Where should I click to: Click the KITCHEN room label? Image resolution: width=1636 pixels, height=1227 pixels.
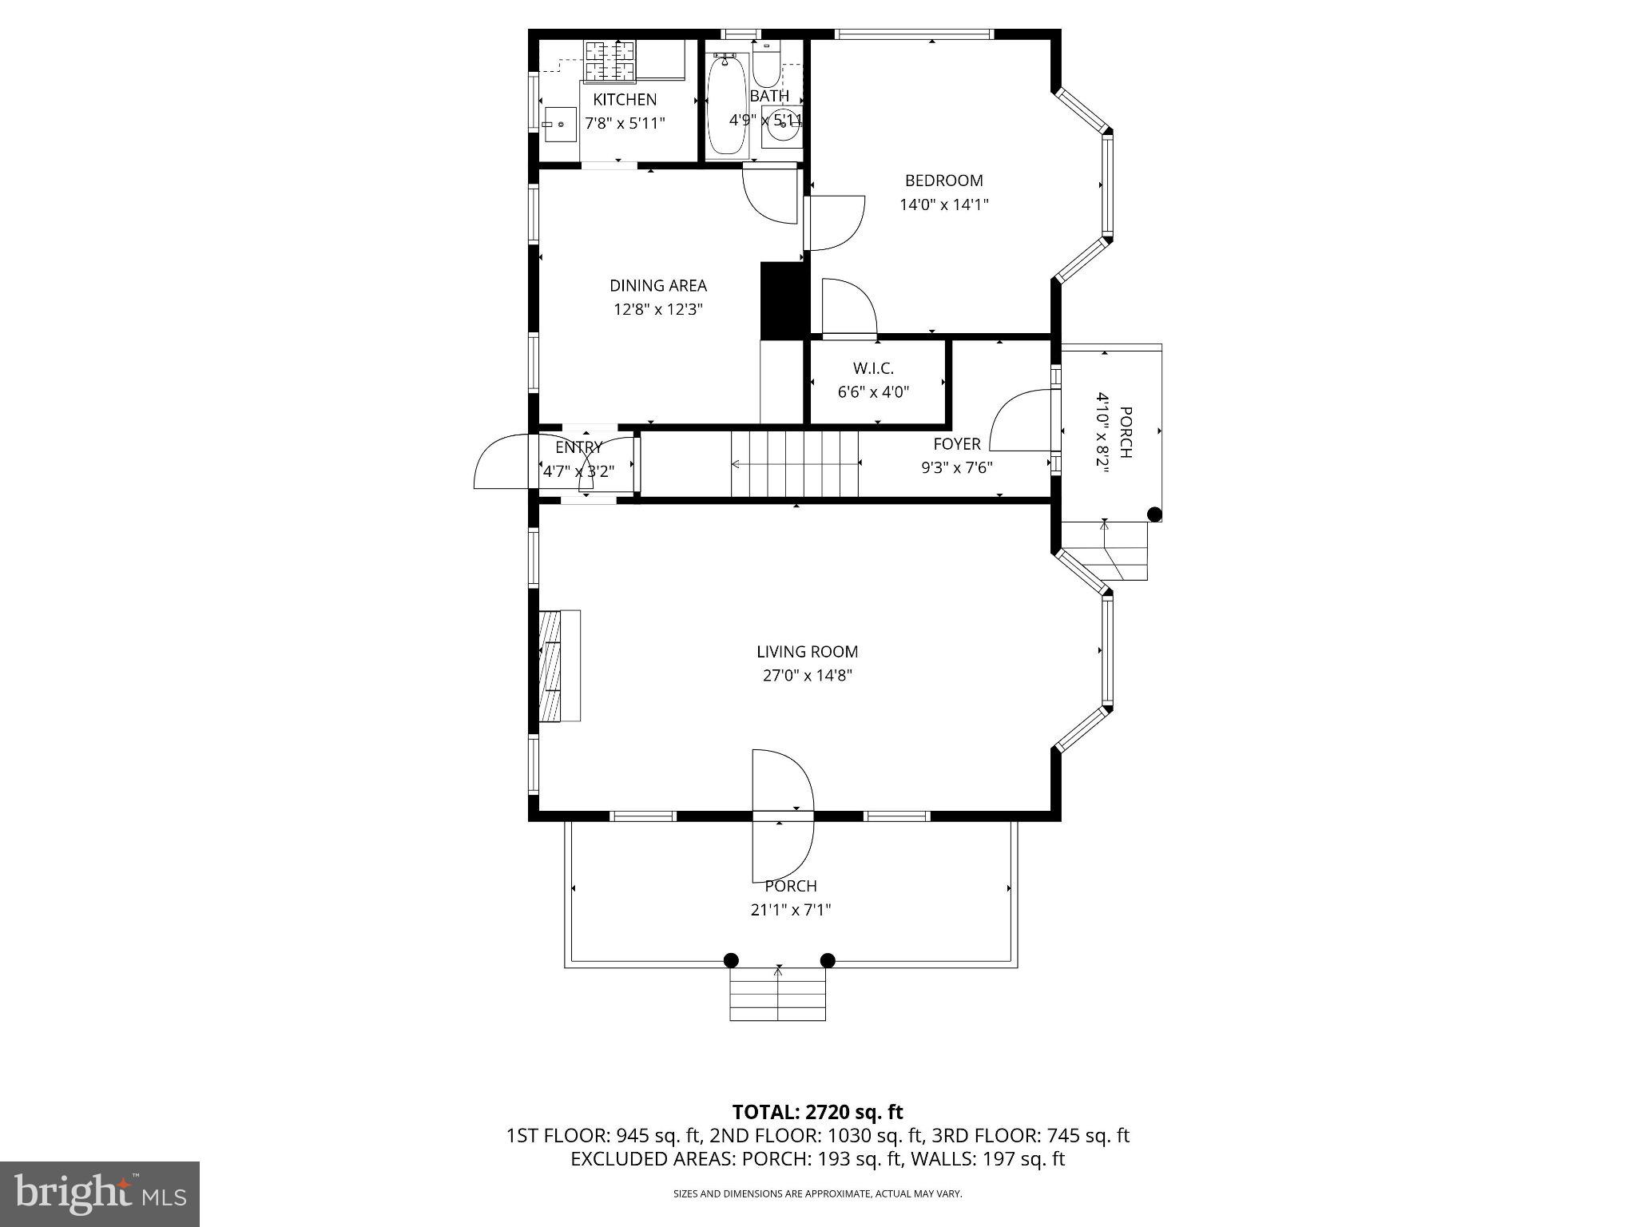click(x=625, y=100)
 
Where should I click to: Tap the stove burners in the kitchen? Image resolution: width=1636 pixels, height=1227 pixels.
click(x=611, y=62)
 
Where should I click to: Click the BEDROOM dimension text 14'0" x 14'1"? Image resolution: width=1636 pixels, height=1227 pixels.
click(x=944, y=204)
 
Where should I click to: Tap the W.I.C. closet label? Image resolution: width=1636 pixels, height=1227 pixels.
click(x=873, y=368)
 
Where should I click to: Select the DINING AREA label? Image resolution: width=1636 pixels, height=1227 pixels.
click(x=658, y=286)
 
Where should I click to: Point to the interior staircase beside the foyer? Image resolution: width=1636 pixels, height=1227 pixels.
click(x=794, y=463)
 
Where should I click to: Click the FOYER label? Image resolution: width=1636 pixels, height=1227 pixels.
click(x=956, y=444)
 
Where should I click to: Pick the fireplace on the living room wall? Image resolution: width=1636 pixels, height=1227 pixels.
click(x=558, y=665)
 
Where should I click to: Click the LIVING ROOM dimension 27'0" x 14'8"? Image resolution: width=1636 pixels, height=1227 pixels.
click(x=808, y=676)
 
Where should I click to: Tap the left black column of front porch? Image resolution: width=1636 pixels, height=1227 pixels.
click(x=731, y=960)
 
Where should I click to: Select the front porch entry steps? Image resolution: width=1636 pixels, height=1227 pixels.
click(x=777, y=996)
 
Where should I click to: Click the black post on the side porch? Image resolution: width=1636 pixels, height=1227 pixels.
click(x=1154, y=515)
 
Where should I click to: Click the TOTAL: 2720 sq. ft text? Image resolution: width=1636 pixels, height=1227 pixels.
click(x=817, y=1112)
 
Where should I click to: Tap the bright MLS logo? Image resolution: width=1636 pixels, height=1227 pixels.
click(x=100, y=1193)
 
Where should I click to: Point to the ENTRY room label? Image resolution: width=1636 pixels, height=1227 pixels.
click(x=578, y=447)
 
